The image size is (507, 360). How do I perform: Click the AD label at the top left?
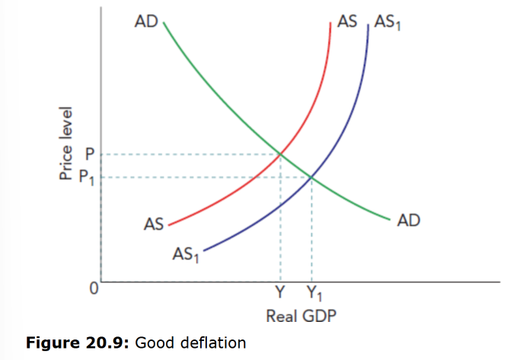pos(145,22)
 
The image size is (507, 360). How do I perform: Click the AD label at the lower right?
pos(408,221)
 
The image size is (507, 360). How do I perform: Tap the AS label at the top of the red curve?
pos(346,21)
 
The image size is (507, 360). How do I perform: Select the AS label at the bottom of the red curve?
pos(154,224)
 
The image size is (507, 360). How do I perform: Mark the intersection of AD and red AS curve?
pos(280,155)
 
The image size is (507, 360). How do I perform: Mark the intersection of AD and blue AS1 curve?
pos(311,178)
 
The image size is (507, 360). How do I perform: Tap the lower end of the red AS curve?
pos(169,226)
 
